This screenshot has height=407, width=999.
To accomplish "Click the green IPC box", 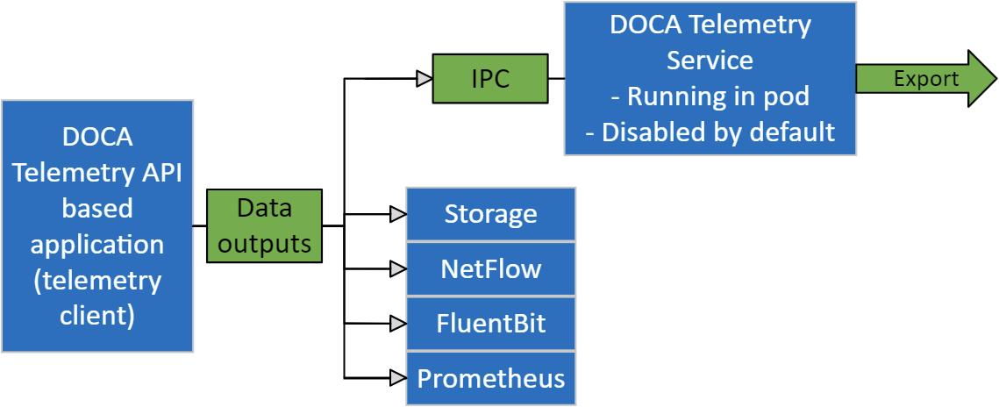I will click(490, 79).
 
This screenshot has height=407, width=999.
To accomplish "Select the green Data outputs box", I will click(265, 226).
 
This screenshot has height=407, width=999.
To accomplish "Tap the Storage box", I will click(490, 214).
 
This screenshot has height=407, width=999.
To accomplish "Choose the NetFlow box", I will click(490, 268).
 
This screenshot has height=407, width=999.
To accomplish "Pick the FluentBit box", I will click(490, 323).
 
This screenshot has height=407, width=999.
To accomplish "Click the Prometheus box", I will click(490, 378).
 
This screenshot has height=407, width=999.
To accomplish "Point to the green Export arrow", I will click(925, 79).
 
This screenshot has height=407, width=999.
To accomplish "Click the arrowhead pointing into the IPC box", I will click(424, 79).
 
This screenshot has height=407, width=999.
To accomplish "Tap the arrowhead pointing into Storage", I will click(397, 214).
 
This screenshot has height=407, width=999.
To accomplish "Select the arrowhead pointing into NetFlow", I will click(397, 268).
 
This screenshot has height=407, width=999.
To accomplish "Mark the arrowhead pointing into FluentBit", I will click(397, 323).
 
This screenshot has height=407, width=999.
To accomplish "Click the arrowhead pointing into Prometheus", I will click(397, 378).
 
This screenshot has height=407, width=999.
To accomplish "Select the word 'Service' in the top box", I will click(710, 61).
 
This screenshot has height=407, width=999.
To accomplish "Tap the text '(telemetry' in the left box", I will click(96, 280).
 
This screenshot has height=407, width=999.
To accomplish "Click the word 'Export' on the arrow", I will click(926, 79).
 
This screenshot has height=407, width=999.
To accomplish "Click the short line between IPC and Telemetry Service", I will click(556, 79).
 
